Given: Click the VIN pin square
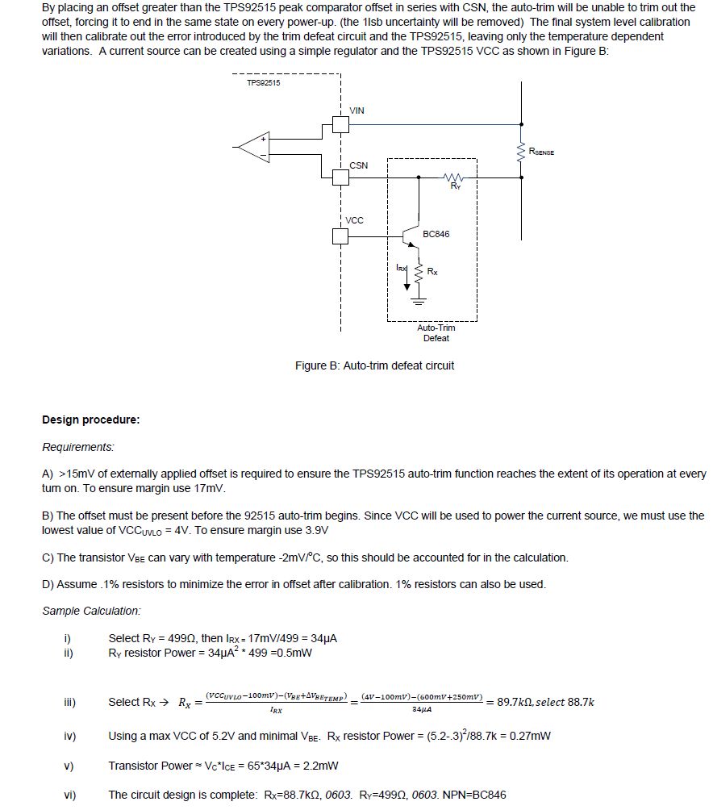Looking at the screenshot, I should pyautogui.click(x=341, y=124).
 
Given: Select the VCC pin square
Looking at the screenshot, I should pyautogui.click(x=341, y=236).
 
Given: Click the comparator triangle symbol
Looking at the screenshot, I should pyautogui.click(x=253, y=146).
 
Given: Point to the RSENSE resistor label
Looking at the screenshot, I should pyautogui.click(x=541, y=152).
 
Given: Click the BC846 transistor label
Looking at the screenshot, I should pyautogui.click(x=436, y=235).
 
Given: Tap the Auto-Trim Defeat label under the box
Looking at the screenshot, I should pyautogui.click(x=436, y=332).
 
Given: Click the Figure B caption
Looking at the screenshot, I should pyautogui.click(x=374, y=365).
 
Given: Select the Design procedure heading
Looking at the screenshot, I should pyautogui.click(x=90, y=420).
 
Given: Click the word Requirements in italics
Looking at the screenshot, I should pyautogui.click(x=78, y=447).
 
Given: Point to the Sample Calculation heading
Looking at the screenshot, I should pyautogui.click(x=91, y=611).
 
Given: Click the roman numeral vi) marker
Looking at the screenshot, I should pyautogui.click(x=69, y=795).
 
